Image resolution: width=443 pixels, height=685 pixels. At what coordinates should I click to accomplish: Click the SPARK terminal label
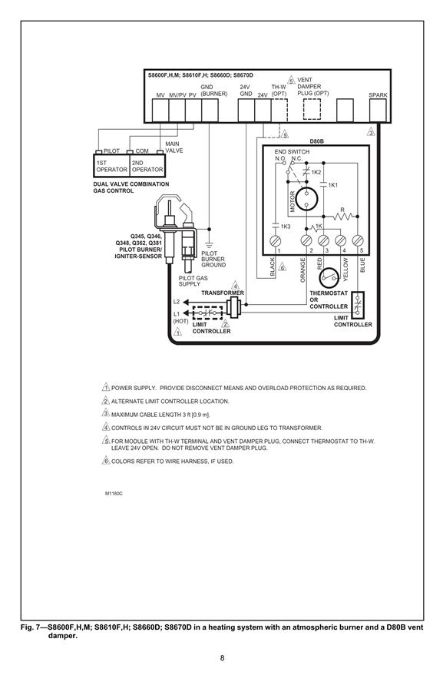click(378, 94)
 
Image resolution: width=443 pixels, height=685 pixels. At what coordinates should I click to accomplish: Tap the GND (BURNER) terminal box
click(210, 110)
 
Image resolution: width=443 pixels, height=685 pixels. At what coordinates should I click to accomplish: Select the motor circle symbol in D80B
click(306, 199)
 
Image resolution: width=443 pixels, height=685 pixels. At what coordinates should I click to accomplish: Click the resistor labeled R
click(342, 216)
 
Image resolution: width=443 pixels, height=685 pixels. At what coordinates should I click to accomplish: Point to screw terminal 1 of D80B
click(275, 240)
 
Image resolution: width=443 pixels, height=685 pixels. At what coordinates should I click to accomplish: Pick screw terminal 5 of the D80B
click(358, 240)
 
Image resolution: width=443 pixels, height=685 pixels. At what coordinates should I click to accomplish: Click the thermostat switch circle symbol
click(329, 277)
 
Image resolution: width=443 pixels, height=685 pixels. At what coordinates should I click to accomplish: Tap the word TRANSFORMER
click(223, 293)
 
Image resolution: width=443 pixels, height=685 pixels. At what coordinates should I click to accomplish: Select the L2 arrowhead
click(186, 302)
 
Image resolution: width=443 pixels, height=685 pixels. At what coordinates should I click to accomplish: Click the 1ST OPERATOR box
click(111, 166)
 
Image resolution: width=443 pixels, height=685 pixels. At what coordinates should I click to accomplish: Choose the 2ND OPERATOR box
click(147, 166)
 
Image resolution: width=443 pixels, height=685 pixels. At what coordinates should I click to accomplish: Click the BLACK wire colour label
click(273, 266)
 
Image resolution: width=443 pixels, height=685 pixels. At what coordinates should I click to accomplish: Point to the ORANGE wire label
click(302, 270)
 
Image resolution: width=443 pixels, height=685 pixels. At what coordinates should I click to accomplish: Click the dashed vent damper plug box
click(312, 109)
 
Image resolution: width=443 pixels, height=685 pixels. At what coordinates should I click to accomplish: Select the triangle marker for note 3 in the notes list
click(106, 413)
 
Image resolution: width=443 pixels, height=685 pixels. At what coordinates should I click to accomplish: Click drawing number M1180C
click(114, 493)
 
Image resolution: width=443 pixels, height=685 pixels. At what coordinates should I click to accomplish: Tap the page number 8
click(222, 658)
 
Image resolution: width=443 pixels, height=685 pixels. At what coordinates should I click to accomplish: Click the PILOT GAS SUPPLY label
click(193, 281)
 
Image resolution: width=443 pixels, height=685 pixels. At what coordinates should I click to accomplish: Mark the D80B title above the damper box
click(317, 141)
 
